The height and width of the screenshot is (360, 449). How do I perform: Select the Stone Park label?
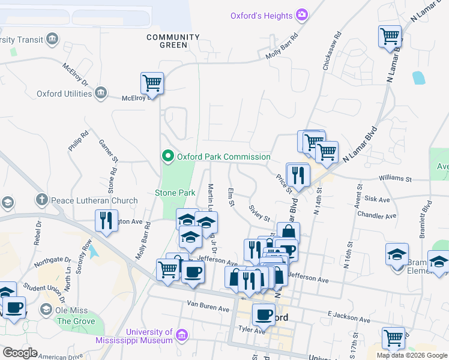[x=175, y=193]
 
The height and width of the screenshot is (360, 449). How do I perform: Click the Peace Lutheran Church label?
[x=95, y=199]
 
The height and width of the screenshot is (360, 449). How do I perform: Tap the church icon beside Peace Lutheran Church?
[x=41, y=199]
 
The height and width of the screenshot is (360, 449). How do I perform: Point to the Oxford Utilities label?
[x=64, y=94]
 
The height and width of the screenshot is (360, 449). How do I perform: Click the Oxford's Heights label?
[x=262, y=16]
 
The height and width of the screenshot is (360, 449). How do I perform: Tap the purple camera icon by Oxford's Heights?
[x=302, y=15]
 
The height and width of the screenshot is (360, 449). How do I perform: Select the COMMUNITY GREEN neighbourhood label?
[x=173, y=41]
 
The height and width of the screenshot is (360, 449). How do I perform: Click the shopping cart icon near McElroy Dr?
[x=152, y=83]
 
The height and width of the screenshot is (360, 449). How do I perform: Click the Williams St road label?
[x=395, y=179]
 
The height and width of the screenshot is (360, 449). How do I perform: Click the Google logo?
[x=20, y=353]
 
